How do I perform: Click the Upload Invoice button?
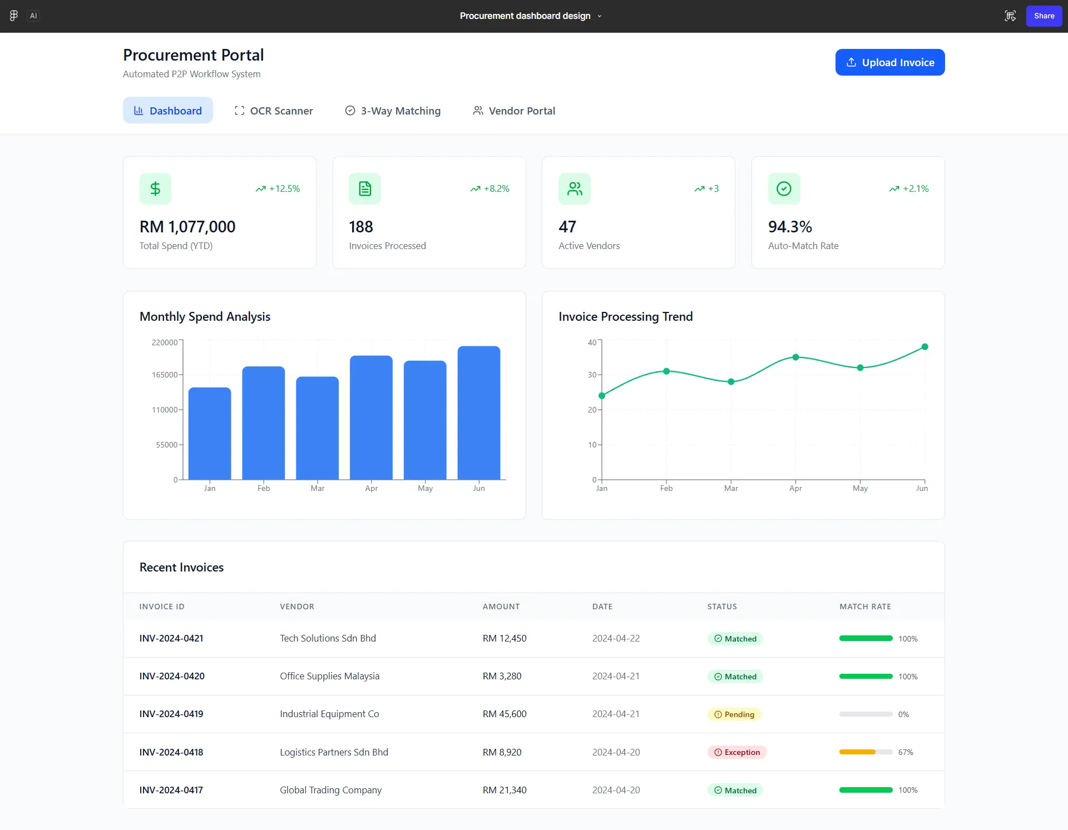[889, 62]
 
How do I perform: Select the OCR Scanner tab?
[274, 111]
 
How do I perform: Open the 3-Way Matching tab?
[393, 111]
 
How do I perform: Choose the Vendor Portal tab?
[514, 111]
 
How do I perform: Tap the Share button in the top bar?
[1044, 16]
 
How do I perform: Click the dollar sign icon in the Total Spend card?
[155, 189]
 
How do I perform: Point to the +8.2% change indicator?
[490, 189]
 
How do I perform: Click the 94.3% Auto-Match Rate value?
[790, 227]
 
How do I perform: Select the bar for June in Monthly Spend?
[479, 412]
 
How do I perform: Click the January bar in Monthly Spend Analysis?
[210, 434]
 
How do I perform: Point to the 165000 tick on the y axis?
[165, 375]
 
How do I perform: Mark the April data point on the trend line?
[795, 357]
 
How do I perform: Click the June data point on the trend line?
[924, 347]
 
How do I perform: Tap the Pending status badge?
[734, 714]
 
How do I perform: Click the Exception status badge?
[737, 752]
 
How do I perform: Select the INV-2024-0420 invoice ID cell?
[172, 677]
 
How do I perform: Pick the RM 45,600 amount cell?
[505, 714]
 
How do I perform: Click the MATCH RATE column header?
[865, 607]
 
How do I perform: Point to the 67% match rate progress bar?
[866, 752]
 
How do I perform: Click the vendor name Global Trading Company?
[330, 790]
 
